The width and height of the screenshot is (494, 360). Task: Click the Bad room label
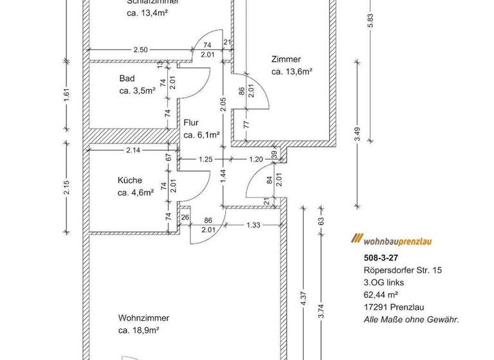click(x=127, y=79)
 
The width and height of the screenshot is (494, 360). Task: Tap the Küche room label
click(x=129, y=181)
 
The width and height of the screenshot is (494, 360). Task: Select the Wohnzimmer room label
click(x=143, y=318)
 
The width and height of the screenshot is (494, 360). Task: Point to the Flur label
click(x=191, y=122)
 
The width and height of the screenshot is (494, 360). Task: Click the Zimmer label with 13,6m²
click(x=286, y=59)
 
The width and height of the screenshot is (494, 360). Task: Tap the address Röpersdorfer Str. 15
click(x=395, y=269)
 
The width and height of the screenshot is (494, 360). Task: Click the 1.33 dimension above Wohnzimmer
click(x=253, y=224)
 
